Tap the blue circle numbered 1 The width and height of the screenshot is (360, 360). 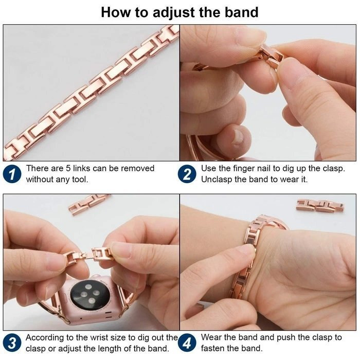[x=12, y=174]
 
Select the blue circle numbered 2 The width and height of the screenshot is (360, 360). [x=187, y=174]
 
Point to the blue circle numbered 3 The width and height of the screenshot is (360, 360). [x=12, y=343]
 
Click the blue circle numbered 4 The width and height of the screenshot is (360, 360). [x=187, y=343]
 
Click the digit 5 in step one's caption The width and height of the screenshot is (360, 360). [x=68, y=169]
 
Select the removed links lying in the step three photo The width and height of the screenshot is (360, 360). [x=89, y=204]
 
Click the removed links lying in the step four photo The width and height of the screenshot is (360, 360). [x=320, y=205]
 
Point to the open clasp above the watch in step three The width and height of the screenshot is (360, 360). [x=91, y=255]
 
